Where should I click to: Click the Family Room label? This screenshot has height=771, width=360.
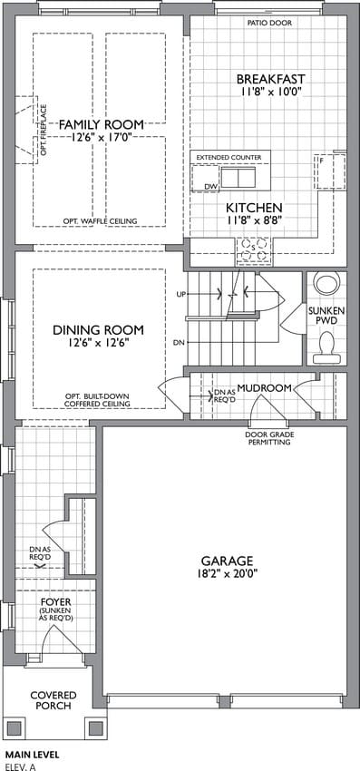click(102, 124)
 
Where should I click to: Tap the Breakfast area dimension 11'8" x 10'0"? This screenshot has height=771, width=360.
click(270, 91)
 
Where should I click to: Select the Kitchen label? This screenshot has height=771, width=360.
click(254, 207)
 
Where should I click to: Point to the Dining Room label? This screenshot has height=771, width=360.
click(98, 329)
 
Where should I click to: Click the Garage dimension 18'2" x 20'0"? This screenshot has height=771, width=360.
click(227, 572)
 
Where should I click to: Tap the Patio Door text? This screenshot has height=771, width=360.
click(269, 23)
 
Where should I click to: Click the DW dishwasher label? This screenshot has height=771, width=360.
click(210, 187)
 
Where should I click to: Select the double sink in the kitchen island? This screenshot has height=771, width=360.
click(238, 177)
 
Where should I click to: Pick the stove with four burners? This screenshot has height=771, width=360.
click(253, 249)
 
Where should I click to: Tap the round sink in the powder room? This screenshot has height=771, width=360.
click(326, 284)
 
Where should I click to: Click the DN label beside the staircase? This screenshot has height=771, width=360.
click(178, 343)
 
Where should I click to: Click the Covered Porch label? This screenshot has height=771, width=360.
click(54, 700)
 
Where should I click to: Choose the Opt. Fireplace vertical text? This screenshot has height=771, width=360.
click(44, 130)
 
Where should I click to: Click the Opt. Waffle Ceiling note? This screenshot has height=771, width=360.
click(100, 220)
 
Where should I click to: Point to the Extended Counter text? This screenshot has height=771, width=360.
click(229, 157)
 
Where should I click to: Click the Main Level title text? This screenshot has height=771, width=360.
click(32, 754)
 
